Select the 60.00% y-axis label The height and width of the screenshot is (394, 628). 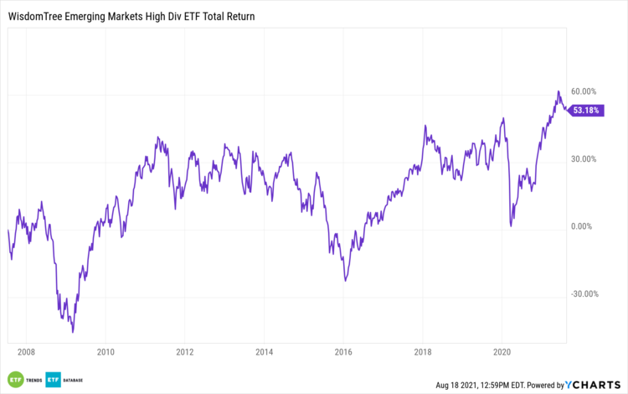pos(584,91)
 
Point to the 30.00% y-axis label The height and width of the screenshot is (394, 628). pos(584,159)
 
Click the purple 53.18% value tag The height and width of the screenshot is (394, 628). pos(587,111)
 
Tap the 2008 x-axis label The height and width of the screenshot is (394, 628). pos(26,352)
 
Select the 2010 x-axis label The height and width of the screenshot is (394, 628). pos(106,352)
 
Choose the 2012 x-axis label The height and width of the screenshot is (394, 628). pos(185,352)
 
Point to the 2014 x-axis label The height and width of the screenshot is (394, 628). pos(264,352)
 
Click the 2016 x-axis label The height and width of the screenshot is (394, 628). pos(343,352)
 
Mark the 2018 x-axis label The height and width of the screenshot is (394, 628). pos(423,352)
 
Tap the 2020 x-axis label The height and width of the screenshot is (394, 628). pos(502,352)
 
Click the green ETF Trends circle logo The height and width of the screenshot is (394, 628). pos(15,379)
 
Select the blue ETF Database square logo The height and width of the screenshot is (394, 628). pos(54,379)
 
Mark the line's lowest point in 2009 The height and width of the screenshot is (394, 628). pos(73,332)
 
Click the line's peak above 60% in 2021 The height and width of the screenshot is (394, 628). pos(558,91)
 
